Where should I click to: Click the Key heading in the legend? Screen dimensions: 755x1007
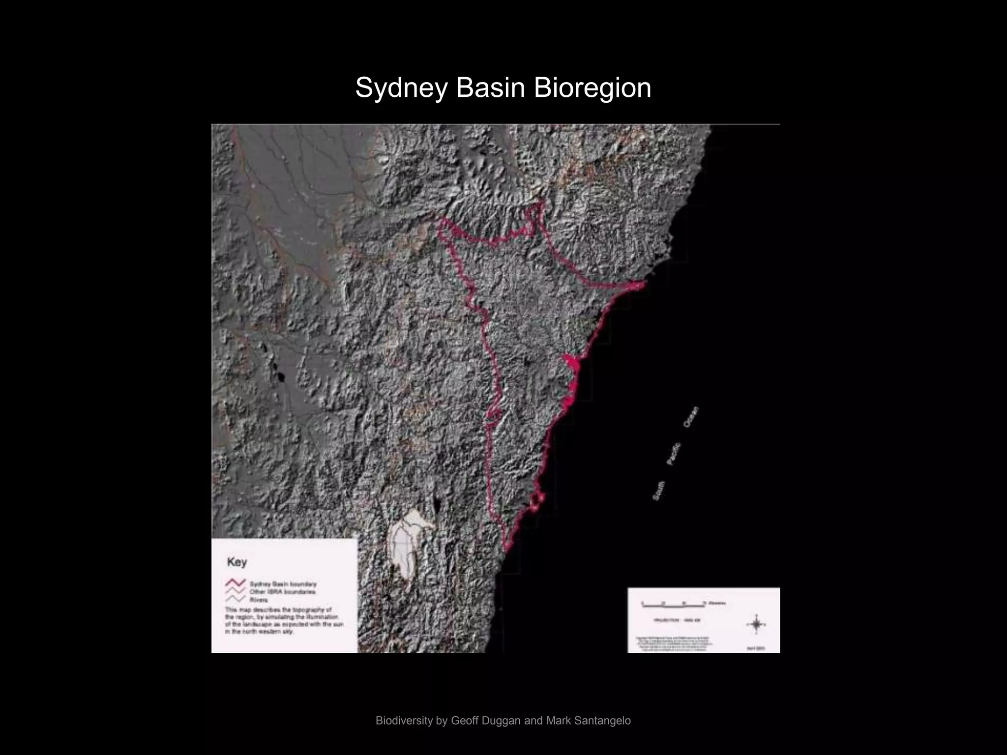point(237,562)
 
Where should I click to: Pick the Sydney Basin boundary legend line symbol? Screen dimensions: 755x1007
point(236,583)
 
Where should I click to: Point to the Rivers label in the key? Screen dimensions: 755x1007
point(259,600)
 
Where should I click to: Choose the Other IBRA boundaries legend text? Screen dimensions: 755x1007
point(282,592)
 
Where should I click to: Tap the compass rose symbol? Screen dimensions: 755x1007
point(755,624)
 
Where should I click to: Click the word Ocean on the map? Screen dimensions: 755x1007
point(690,417)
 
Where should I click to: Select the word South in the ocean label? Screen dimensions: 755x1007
point(658,491)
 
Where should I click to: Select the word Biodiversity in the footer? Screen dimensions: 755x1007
point(404,721)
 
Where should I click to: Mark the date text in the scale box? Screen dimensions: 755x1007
point(755,648)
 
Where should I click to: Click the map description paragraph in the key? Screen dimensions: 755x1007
point(284,620)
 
